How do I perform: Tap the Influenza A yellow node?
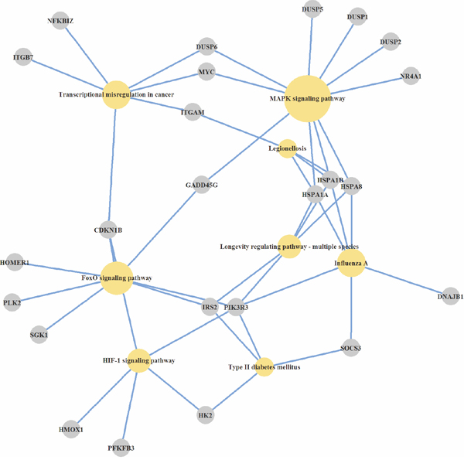click(x=350, y=264)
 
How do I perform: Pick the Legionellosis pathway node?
click(x=288, y=148)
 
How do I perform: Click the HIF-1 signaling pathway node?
click(x=139, y=360)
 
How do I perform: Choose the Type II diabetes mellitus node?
click(x=264, y=366)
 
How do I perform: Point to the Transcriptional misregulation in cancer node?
click(x=116, y=94)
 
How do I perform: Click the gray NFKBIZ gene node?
click(x=60, y=20)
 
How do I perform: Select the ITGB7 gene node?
click(x=23, y=58)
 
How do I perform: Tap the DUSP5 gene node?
click(x=312, y=9)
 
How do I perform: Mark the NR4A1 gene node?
click(x=411, y=75)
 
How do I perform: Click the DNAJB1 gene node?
click(x=449, y=296)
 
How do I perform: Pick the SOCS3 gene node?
click(x=351, y=348)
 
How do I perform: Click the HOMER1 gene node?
click(x=15, y=263)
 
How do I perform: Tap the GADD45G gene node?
click(x=203, y=186)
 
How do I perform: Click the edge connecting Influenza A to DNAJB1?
click(x=400, y=280)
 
